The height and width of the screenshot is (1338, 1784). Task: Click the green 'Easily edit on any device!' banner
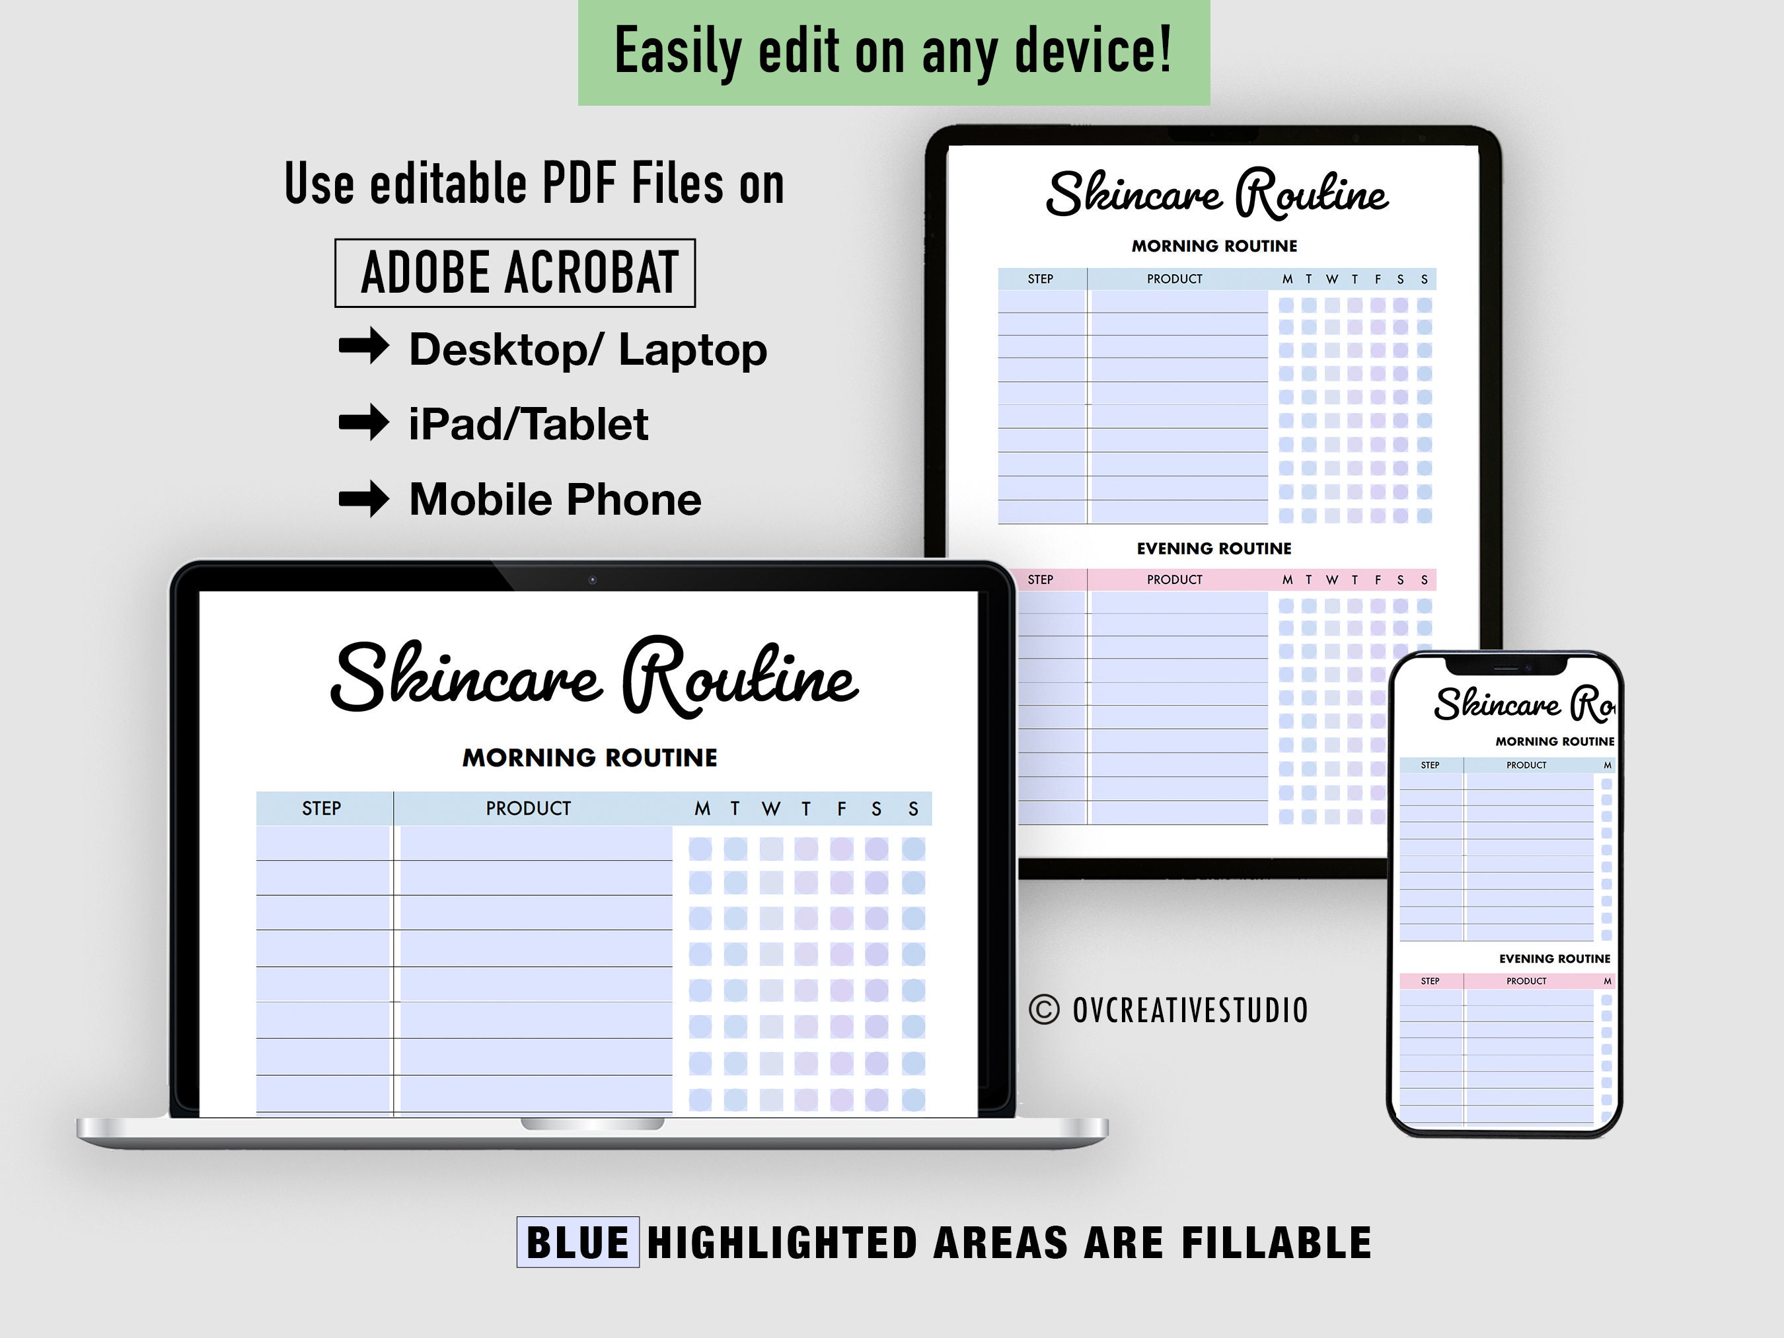893,52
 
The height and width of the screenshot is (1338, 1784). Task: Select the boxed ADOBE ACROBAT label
515,273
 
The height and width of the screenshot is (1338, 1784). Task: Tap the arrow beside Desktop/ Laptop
363,347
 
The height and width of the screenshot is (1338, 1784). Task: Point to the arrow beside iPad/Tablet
363,422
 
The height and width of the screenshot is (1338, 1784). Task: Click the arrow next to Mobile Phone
363,498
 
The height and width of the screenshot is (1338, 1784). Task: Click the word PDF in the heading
579,184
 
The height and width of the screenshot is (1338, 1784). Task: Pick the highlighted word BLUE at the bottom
577,1242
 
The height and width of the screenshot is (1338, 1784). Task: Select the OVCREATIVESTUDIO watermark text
1189,1010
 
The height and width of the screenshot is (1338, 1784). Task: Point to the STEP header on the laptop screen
321,808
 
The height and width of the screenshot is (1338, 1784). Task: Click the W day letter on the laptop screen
770,809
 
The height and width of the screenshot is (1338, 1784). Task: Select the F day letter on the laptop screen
841,809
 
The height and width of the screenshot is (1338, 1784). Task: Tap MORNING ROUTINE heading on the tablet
1214,246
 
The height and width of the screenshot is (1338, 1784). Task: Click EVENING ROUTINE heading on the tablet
1214,548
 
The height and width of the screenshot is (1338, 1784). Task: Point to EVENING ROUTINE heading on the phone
1554,958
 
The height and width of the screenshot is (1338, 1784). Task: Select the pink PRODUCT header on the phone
1526,981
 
